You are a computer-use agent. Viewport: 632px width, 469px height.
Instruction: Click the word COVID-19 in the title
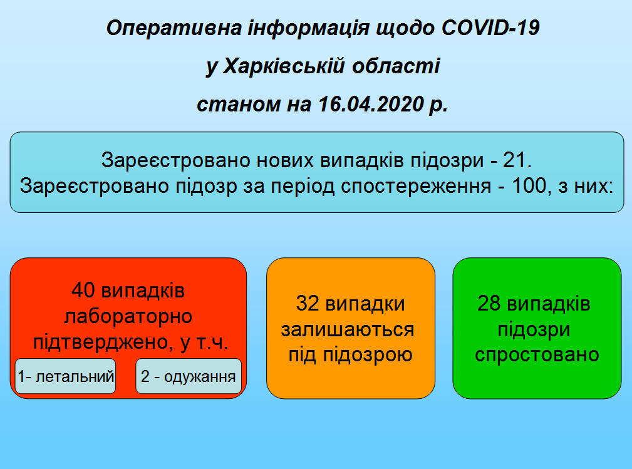pos(490,29)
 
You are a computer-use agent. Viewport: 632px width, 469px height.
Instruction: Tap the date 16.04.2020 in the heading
pos(371,104)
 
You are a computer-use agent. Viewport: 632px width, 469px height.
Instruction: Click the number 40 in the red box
pos(85,291)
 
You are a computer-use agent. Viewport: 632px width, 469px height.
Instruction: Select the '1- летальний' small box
pos(66,376)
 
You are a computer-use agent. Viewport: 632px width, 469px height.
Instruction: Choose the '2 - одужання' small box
pos(189,376)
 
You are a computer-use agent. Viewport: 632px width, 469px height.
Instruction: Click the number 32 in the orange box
pos(308,304)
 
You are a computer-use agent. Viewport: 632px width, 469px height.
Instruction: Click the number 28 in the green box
pos(490,304)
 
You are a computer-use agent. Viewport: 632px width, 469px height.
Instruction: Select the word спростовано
pos(537,355)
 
